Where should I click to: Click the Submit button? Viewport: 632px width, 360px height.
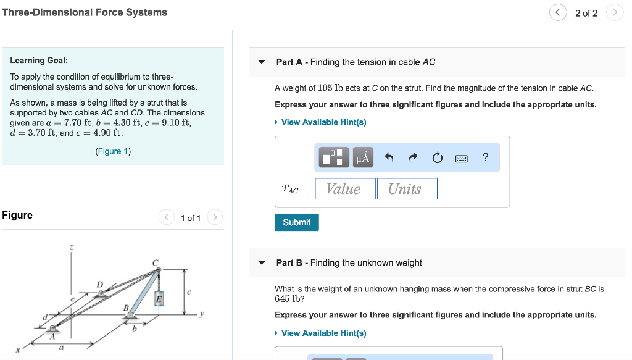coord(296,222)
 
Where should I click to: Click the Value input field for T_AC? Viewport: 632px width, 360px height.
coord(345,189)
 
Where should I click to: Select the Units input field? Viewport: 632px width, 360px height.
coord(407,189)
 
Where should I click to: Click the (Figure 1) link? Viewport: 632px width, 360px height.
coord(113,151)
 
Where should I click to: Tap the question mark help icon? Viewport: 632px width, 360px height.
coord(486,158)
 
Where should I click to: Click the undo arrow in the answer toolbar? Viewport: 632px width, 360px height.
coord(389,158)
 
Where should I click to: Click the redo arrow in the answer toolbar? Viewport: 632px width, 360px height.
coord(413,158)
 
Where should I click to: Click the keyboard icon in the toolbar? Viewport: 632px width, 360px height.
coord(462,159)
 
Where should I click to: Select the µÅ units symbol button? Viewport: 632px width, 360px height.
coord(363,158)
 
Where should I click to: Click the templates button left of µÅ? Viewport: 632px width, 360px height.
coord(334,158)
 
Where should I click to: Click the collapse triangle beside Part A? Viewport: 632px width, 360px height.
coord(262,62)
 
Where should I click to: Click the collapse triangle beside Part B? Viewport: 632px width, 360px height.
coord(262,263)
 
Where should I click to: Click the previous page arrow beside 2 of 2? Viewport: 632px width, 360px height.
coord(557,13)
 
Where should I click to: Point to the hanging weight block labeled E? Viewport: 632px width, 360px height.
coord(159,299)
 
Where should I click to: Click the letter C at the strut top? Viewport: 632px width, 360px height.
coord(156,263)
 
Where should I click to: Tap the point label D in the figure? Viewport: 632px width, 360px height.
coord(99,284)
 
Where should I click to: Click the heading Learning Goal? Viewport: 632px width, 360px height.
coord(39,61)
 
